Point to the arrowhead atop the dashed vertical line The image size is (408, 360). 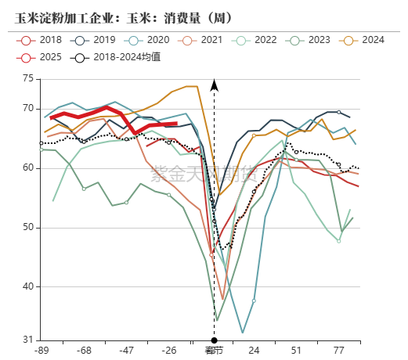(215, 83)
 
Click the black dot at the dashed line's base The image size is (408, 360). (214, 340)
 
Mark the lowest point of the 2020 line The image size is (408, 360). (243, 333)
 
